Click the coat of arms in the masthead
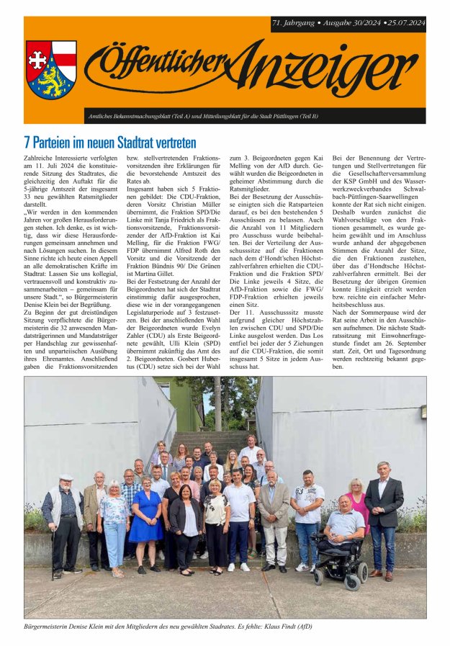pyautogui.click(x=50, y=69)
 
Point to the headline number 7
pyautogui.click(x=27, y=141)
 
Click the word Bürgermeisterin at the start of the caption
pyautogui.click(x=48, y=626)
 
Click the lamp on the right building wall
pyautogui.click(x=423, y=412)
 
